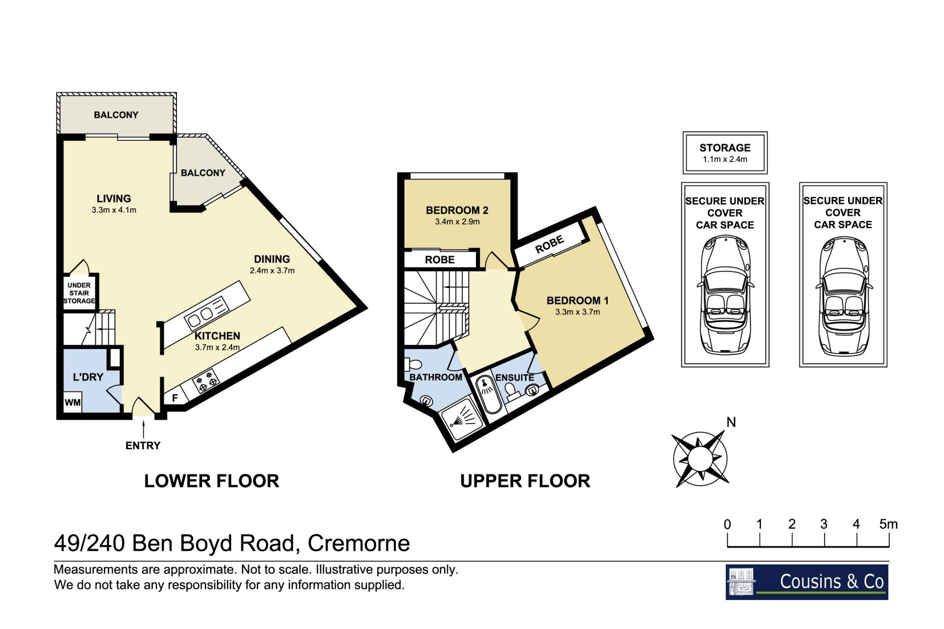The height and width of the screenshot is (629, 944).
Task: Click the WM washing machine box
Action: click(x=72, y=402)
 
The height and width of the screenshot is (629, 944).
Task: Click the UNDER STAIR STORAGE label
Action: click(x=79, y=293)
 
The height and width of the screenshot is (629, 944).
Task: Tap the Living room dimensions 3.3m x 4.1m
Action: click(x=114, y=210)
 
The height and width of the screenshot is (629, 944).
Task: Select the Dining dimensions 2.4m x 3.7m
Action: click(x=272, y=270)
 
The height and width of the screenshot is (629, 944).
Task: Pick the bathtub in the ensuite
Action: click(x=489, y=396)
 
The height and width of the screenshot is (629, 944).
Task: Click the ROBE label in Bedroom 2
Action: click(x=440, y=260)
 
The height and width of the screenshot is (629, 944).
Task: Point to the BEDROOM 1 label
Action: click(x=578, y=300)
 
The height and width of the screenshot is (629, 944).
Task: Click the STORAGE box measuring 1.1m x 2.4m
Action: click(x=725, y=152)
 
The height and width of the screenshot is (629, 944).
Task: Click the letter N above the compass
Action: click(x=731, y=422)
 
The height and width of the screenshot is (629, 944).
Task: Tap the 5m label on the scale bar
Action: click(x=888, y=524)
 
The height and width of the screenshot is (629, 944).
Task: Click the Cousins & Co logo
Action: click(x=807, y=582)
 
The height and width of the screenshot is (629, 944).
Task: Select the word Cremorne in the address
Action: click(x=359, y=543)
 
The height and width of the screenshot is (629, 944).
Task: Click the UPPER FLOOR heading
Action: click(x=525, y=481)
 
